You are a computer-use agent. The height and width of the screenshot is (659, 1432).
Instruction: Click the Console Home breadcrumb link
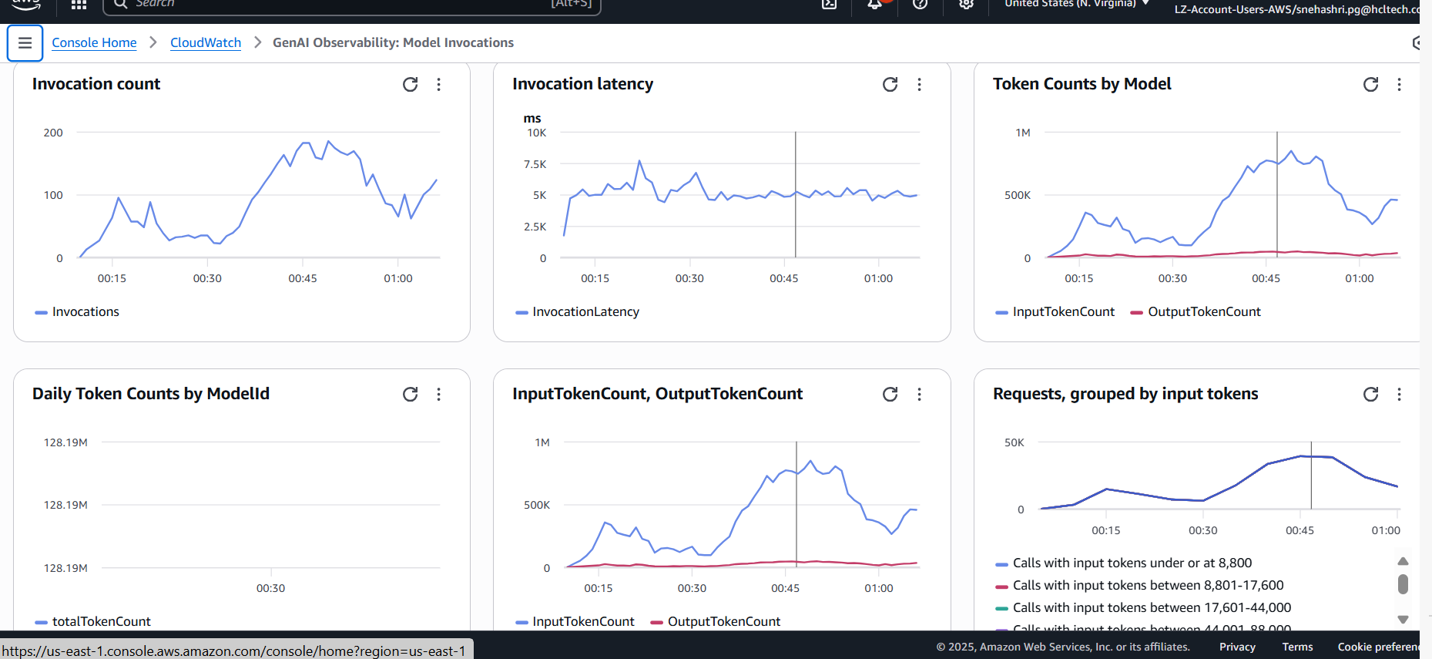[94, 42]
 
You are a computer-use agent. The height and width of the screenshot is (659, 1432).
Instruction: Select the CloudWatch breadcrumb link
[205, 42]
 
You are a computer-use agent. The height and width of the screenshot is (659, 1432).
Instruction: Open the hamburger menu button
[25, 43]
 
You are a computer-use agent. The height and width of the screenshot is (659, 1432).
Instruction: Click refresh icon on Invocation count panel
[410, 84]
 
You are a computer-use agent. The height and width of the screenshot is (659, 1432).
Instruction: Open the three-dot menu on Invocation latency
[919, 84]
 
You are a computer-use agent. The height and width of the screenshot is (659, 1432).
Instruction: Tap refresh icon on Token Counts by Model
[1370, 84]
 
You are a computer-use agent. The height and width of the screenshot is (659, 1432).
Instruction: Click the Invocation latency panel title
[582, 84]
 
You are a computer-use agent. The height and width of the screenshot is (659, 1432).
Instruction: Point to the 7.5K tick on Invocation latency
[535, 164]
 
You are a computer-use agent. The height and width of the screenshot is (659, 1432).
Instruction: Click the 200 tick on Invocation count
[53, 133]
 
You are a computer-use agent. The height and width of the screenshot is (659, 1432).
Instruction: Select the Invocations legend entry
[85, 311]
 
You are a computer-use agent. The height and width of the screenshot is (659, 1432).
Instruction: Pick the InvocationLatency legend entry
[585, 311]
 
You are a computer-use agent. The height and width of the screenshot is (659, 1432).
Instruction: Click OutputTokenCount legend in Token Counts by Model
[1203, 311]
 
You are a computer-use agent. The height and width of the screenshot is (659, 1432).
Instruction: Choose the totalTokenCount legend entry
[101, 621]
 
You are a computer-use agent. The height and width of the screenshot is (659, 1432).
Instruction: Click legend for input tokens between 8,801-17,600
[1148, 585]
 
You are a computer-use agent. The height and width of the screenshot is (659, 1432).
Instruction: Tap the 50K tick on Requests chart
[1014, 442]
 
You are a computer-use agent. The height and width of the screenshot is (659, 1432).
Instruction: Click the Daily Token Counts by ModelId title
[151, 394]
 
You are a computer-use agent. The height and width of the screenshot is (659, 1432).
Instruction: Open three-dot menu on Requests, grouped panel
[1399, 394]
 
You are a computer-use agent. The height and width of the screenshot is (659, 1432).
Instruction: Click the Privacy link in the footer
[1237, 647]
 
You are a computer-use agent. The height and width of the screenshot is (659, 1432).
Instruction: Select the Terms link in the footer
[1297, 647]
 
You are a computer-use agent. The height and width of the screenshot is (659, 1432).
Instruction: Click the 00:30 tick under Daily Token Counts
[270, 588]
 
